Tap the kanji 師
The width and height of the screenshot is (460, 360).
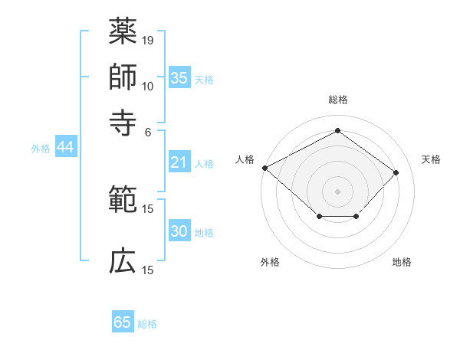click(x=123, y=76)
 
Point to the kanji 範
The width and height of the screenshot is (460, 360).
click(x=123, y=199)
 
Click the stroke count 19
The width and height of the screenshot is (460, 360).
click(x=149, y=40)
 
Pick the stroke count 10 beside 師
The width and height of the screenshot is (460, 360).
click(x=149, y=86)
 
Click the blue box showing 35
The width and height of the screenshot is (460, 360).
click(x=179, y=78)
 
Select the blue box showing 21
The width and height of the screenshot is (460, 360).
click(x=179, y=162)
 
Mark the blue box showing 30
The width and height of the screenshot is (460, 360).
click(x=179, y=231)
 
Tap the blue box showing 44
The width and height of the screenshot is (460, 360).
click(x=65, y=148)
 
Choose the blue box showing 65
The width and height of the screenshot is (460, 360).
click(x=123, y=322)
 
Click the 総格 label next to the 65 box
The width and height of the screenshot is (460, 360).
click(x=148, y=324)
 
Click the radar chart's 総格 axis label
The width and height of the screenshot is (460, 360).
click(x=338, y=100)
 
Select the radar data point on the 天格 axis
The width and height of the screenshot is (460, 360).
click(x=396, y=172)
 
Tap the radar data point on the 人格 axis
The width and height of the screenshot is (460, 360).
click(x=264, y=167)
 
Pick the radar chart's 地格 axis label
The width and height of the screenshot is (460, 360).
click(x=402, y=263)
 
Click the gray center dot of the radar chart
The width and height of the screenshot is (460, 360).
click(x=338, y=191)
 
